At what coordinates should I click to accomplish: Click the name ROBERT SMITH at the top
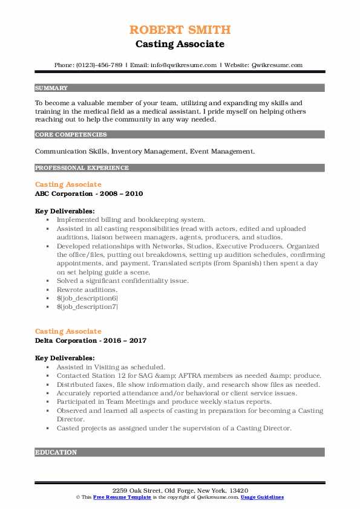180,30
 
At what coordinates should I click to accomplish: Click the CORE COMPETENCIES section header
71,135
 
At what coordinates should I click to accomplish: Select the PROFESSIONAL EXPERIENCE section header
82,167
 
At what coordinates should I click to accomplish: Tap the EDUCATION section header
56,452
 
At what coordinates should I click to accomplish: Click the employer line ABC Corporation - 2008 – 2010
89,193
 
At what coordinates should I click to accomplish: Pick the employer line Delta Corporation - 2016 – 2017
91,340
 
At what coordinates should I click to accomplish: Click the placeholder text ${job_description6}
87,298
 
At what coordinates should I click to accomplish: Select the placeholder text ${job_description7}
87,306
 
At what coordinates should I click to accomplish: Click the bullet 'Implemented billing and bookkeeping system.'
131,220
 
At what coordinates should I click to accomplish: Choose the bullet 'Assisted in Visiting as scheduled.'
111,367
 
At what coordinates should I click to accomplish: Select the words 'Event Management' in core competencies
234,151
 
